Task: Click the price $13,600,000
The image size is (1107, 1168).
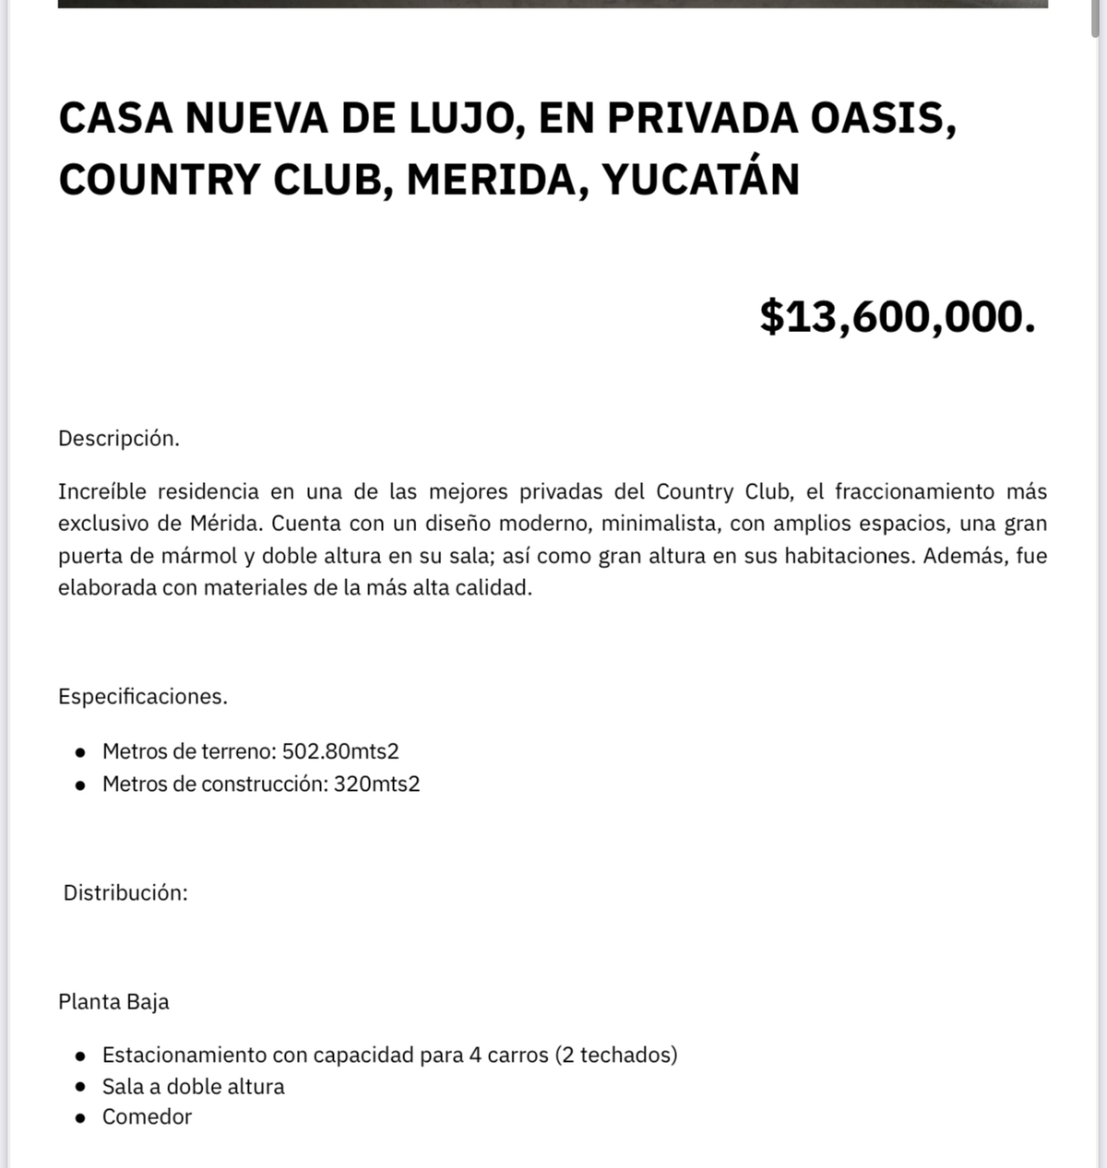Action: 897,316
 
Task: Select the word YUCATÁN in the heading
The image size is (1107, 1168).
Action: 700,179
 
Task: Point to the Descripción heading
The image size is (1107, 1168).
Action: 118,439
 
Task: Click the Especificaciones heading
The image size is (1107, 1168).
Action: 142,697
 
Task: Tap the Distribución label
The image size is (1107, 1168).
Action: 125,892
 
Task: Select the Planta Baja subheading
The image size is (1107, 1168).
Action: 113,1002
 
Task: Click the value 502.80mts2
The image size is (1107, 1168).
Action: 340,751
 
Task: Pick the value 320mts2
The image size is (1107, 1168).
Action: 376,785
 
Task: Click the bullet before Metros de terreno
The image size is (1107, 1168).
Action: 81,752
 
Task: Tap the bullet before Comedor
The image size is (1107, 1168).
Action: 81,1118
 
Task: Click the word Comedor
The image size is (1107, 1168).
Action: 147,1117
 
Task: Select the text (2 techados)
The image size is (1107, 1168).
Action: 616,1055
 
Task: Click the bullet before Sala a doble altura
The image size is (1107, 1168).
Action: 81,1087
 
